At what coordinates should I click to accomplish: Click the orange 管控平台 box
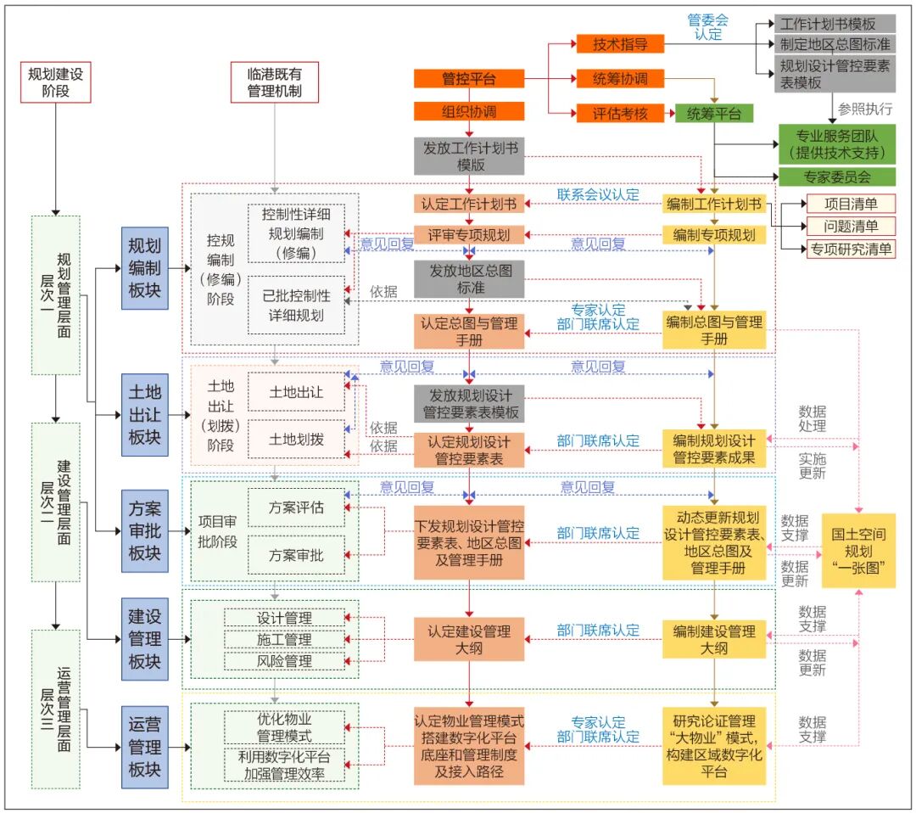pos(469,79)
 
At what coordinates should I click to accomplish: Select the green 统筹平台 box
pos(714,113)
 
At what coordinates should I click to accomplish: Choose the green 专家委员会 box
pos(837,177)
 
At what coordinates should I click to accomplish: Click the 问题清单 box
pos(849,226)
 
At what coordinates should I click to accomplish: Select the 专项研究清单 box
pos(849,249)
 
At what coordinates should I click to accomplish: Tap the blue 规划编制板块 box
pos(144,268)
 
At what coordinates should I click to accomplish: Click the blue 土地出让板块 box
pos(144,414)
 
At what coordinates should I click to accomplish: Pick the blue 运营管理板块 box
pos(144,747)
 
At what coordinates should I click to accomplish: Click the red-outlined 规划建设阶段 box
pos(54,81)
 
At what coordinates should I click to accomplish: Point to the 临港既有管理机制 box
pos(274,81)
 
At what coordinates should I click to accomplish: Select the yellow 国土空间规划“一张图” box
pos(858,549)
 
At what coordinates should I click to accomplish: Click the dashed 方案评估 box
pos(296,507)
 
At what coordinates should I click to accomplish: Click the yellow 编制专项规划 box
pos(714,234)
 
